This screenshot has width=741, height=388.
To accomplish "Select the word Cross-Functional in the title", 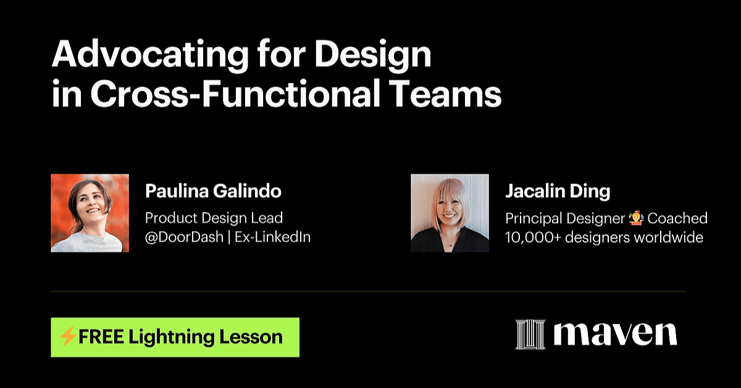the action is click(235, 94).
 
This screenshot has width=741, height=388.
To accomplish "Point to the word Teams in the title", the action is click(445, 94).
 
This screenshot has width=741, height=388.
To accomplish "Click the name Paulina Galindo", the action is click(214, 191).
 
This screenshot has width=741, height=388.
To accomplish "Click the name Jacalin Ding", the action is click(558, 191).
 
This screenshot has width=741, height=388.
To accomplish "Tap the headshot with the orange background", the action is click(90, 213).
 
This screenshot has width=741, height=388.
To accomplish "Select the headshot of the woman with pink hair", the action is click(450, 213).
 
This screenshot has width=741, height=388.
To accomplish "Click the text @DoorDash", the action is click(184, 237).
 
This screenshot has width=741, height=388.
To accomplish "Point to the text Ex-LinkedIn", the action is click(273, 237).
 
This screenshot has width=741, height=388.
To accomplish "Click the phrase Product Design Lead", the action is click(214, 218).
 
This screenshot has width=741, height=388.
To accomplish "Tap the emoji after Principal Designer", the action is click(637, 218).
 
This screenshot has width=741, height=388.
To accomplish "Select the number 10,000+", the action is click(533, 237).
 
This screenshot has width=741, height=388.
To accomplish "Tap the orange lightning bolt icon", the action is click(68, 337).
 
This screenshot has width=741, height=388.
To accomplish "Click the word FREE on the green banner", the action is click(101, 337).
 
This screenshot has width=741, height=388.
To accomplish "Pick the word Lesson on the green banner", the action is click(251, 337).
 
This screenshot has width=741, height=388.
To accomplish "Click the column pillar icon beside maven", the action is click(530, 334).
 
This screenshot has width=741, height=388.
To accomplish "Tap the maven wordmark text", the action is click(616, 334).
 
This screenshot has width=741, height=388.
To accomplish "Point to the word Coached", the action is click(677, 218).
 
